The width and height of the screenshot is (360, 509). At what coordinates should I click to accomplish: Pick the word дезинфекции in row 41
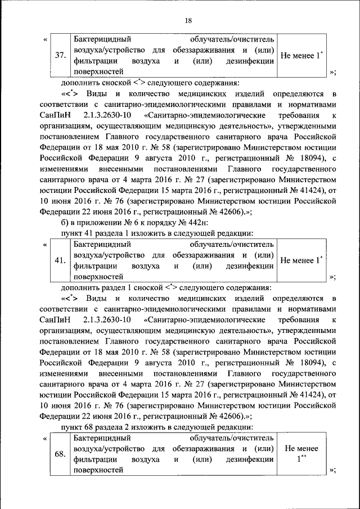pyautogui.click(x=250, y=266)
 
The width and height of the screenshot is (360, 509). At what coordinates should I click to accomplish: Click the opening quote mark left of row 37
pyautogui.click(x=45, y=40)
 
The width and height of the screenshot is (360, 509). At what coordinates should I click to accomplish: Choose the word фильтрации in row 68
pyautogui.click(x=94, y=460)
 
